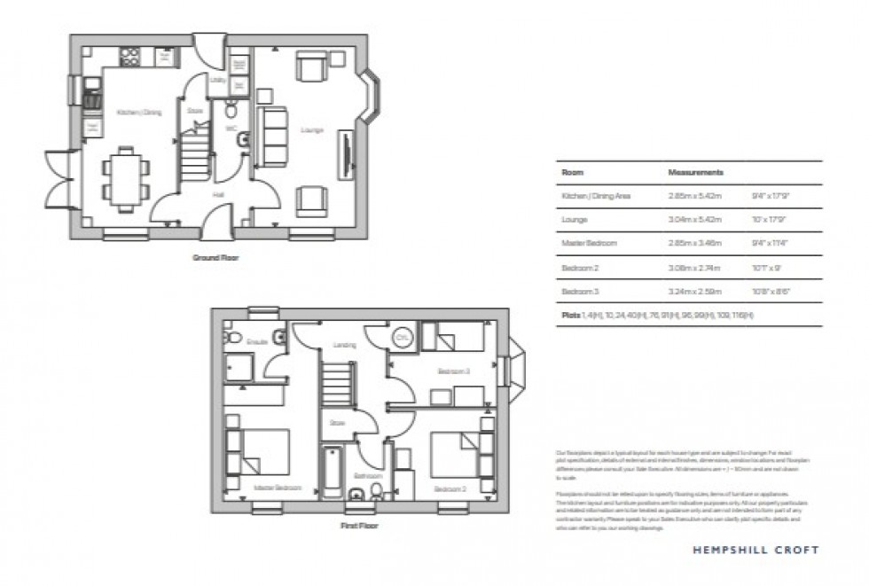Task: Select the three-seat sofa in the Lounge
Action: (272, 137)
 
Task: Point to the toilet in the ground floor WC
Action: (231, 110)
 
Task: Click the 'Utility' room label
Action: (217, 80)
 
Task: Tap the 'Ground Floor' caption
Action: (216, 258)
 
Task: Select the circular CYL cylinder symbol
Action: (403, 339)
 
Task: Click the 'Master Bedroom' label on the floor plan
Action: (278, 488)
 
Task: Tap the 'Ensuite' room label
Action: (257, 341)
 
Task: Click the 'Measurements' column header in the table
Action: (695, 172)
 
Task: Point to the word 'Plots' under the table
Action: (569, 316)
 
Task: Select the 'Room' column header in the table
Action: (572, 172)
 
